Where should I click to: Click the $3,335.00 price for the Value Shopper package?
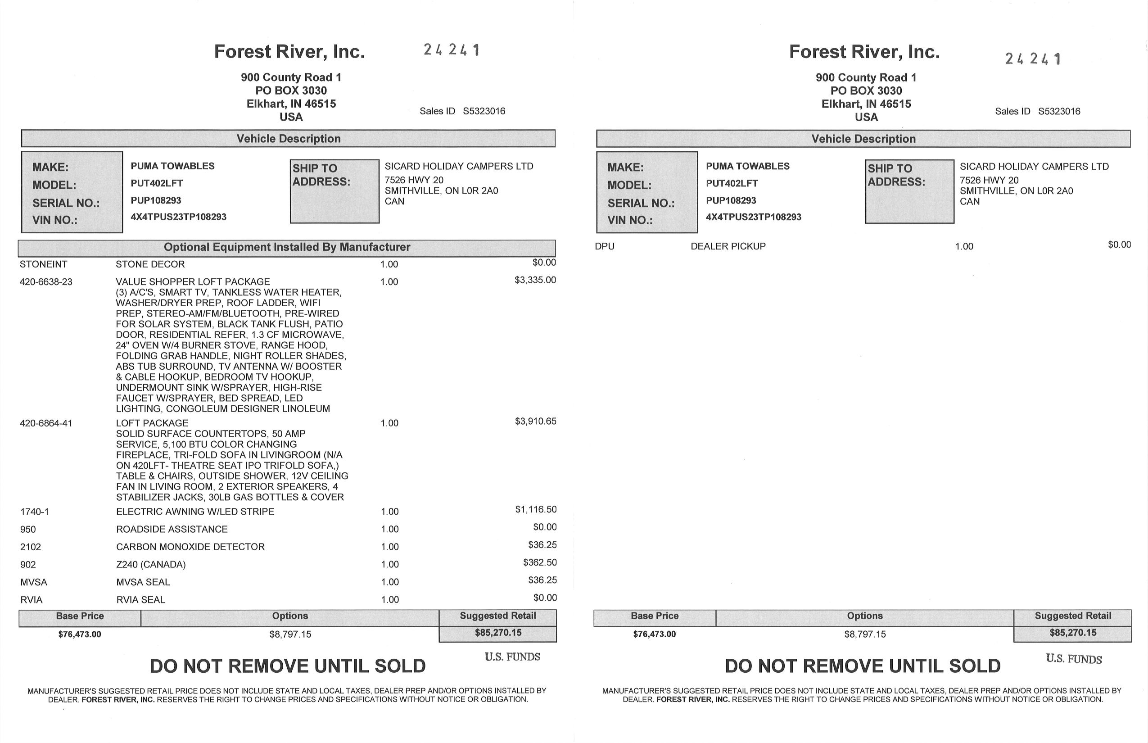(535, 280)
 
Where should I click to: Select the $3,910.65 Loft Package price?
(535, 421)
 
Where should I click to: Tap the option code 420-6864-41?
(46, 424)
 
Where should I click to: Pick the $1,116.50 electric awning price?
(535, 510)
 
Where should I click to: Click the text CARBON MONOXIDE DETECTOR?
(190, 547)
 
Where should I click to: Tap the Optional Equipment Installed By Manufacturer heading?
(287, 248)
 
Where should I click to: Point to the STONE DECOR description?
(150, 264)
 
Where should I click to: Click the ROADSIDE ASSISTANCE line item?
(172, 529)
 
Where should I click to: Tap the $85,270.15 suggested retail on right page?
(1073, 633)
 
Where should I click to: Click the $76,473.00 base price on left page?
(80, 634)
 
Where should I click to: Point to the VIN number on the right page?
(754, 217)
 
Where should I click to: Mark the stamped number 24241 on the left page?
(452, 50)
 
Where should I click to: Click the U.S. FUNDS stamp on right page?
(1074, 659)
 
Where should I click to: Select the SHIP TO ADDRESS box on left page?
(334, 191)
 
